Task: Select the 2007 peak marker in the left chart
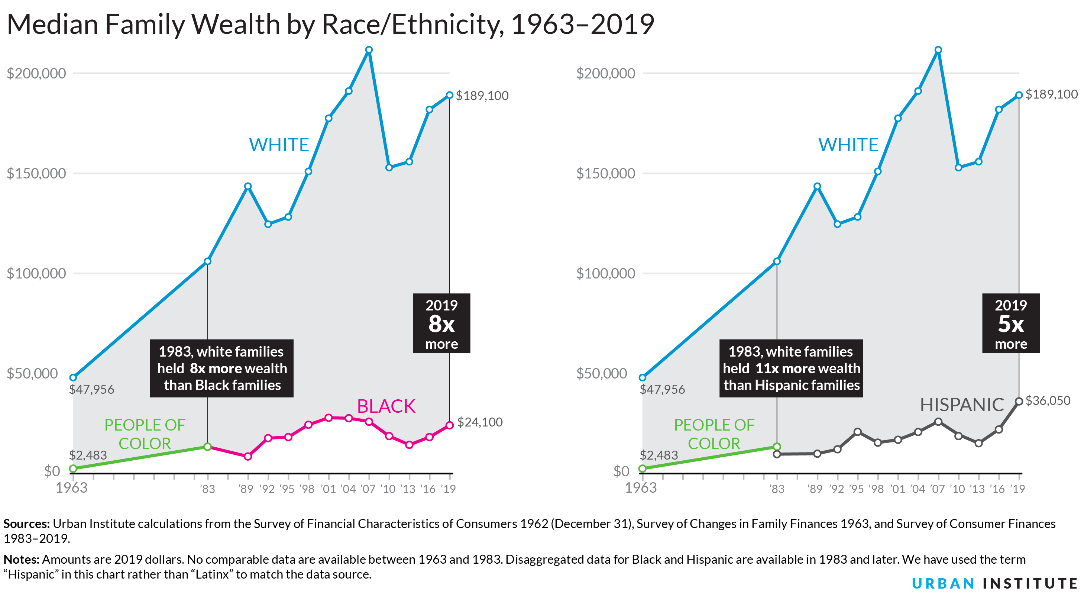tap(369, 50)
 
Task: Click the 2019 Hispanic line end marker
tap(1019, 402)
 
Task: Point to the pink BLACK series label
tap(386, 406)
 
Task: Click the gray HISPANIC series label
tap(961, 405)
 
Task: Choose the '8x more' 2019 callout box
tap(441, 323)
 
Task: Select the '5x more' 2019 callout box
tap(1010, 323)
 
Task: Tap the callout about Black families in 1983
tap(222, 368)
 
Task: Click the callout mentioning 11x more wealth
tap(791, 368)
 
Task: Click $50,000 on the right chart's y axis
tap(605, 373)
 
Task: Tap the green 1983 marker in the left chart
tap(207, 447)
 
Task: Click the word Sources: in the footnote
tap(26, 524)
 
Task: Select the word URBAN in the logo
tap(943, 583)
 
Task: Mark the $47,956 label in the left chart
tap(91, 389)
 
